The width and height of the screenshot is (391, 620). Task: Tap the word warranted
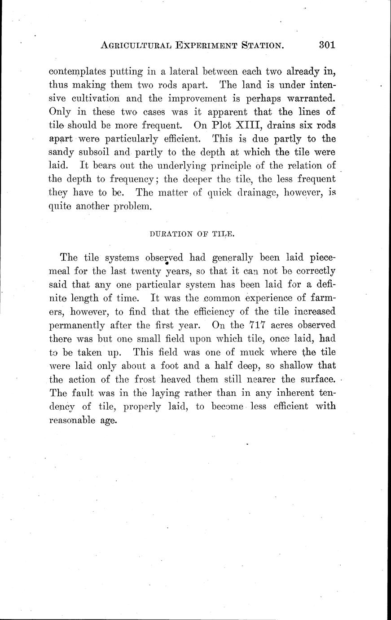(310, 97)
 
